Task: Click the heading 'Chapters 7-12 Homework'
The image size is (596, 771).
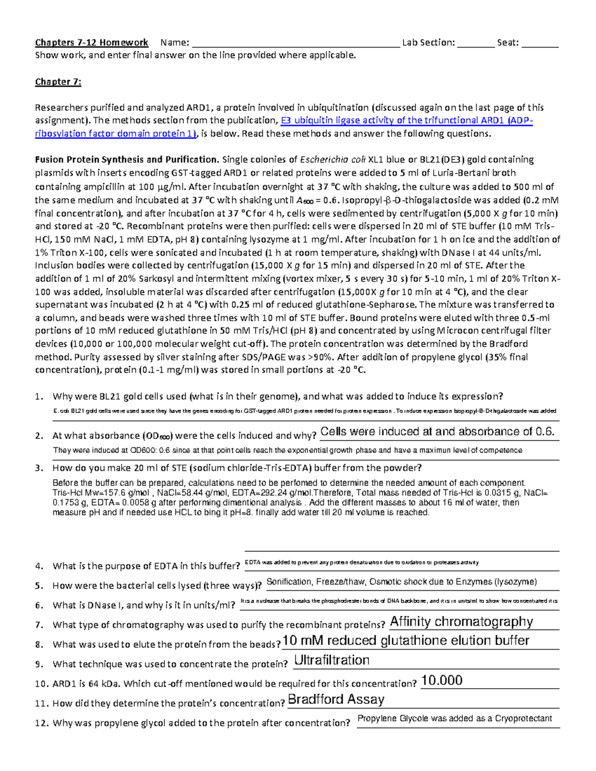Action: pos(91,43)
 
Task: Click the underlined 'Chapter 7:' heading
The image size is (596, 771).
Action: pos(58,82)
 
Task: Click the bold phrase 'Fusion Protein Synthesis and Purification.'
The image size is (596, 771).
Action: pos(127,160)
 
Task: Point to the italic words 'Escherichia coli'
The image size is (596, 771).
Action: pos(333,160)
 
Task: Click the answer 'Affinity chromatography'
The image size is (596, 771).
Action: pos(461,622)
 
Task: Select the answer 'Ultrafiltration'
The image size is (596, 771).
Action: pos(332,660)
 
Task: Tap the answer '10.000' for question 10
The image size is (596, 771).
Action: pos(442,680)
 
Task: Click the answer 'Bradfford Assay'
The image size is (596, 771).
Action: pos(336,700)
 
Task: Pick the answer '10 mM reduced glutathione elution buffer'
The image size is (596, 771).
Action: pos(406,641)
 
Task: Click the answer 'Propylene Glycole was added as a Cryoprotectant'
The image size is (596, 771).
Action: pos(454,718)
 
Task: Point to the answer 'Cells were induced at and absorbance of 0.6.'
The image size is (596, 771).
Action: pos(437,432)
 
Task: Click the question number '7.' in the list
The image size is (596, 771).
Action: pos(40,625)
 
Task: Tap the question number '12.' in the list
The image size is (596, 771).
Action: pos(42,723)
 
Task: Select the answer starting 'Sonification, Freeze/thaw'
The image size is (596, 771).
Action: pos(401,582)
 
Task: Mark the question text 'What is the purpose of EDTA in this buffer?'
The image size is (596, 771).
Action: pos(147,566)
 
